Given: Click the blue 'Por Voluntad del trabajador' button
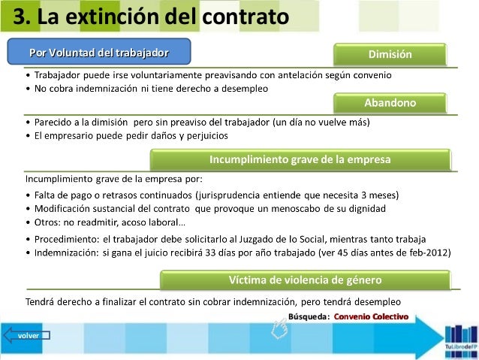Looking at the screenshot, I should (x=98, y=52).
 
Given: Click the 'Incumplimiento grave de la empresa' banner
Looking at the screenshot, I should (x=300, y=159).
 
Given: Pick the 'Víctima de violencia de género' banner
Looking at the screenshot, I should (x=305, y=280).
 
